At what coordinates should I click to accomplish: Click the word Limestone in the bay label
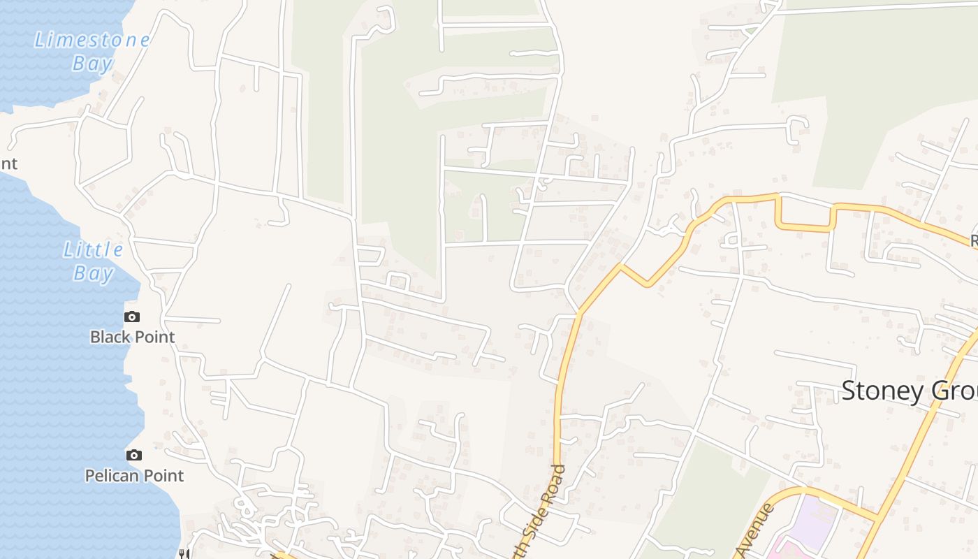[92, 40]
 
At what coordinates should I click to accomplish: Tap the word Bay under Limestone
[92, 64]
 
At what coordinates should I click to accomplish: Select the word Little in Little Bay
[93, 249]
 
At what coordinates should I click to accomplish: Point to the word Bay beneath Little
[93, 273]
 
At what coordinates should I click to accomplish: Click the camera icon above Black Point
[132, 317]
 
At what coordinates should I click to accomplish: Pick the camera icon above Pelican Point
[133, 455]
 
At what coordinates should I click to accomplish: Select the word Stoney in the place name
[882, 391]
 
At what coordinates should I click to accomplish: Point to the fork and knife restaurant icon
[183, 553]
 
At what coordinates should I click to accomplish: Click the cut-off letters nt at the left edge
[8, 164]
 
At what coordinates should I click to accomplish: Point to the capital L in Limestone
[40, 40]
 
